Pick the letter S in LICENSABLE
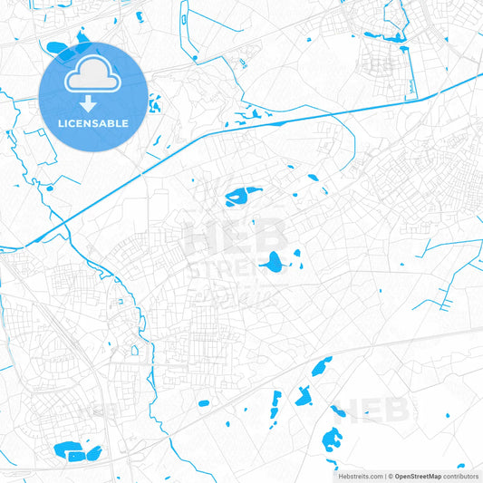[96, 122]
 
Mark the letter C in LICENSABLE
[73, 122]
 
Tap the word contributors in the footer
[460, 475]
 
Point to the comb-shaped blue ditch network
[443, 289]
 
